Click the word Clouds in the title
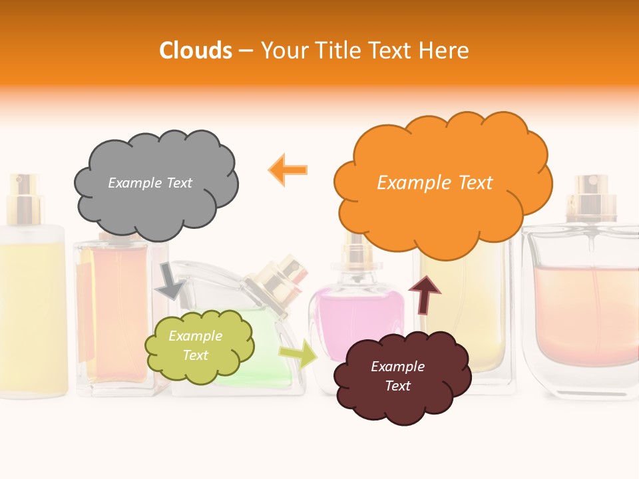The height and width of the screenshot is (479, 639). coord(196,51)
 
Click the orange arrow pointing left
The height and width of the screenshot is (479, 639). coord(288,170)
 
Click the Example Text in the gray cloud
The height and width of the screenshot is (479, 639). coord(150,183)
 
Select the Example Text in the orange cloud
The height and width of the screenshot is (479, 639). coord(435,183)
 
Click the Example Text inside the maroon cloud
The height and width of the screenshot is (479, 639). coord(397,376)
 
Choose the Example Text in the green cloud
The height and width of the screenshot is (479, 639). coord(195,346)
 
